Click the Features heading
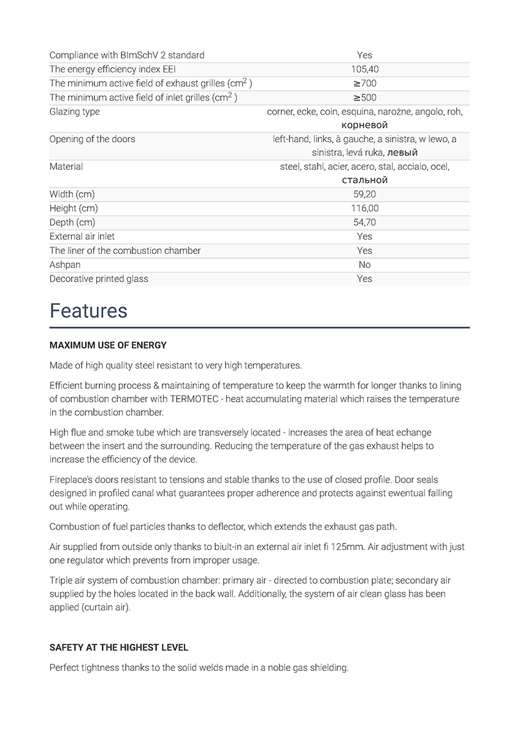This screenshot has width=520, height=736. pyautogui.click(x=88, y=311)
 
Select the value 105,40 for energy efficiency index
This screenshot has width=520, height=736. pyautogui.click(x=364, y=69)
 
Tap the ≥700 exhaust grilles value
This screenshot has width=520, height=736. pyautogui.click(x=364, y=83)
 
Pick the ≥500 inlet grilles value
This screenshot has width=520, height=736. pyautogui.click(x=364, y=98)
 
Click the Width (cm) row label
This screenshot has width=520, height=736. pyautogui.click(x=72, y=194)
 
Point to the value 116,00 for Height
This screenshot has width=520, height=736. pyautogui.click(x=364, y=209)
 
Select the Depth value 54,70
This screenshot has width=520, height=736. pyautogui.click(x=364, y=223)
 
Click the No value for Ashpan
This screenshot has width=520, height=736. pyautogui.click(x=364, y=265)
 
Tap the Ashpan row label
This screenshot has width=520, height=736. pyautogui.click(x=65, y=265)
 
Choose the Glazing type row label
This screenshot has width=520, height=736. pyautogui.click(x=75, y=112)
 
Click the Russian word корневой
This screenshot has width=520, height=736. pyautogui.click(x=364, y=125)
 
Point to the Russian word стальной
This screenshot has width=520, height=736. pyautogui.click(x=364, y=180)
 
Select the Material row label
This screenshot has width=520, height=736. pyautogui.click(x=66, y=166)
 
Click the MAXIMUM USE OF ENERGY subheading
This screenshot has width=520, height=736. pyautogui.click(x=108, y=345)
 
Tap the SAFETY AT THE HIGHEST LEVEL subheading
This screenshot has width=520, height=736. pyautogui.click(x=119, y=648)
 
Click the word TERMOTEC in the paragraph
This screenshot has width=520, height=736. pyautogui.click(x=202, y=399)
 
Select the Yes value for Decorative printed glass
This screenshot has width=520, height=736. pyautogui.click(x=364, y=279)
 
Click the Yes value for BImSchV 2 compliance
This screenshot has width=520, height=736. pyautogui.click(x=364, y=55)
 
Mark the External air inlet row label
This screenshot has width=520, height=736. pyautogui.click(x=82, y=237)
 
